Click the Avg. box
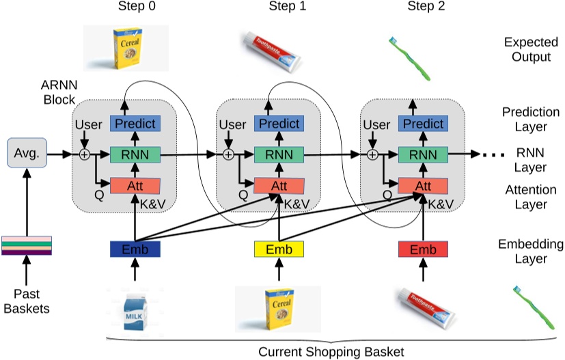click(26, 154)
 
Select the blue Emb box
click(135, 250)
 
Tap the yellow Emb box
click(278, 250)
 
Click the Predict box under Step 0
click(135, 124)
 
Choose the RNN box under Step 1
click(278, 154)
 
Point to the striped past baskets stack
click(26, 245)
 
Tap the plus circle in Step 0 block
click(84, 154)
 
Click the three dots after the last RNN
click(487, 155)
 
